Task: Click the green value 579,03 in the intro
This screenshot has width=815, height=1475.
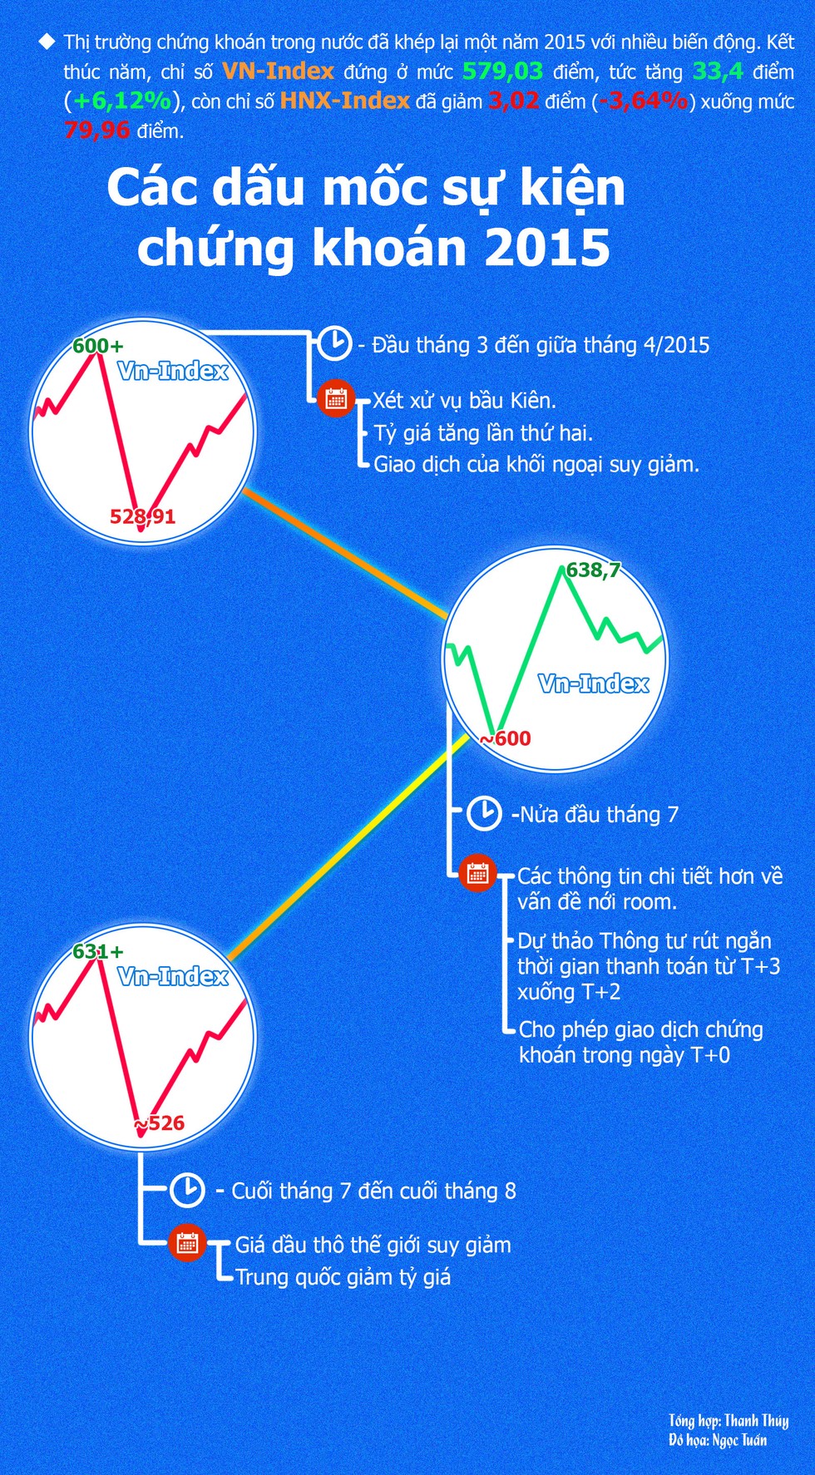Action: click(x=502, y=72)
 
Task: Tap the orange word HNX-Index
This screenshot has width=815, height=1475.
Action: click(x=345, y=101)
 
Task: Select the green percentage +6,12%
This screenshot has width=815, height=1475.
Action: click(x=122, y=101)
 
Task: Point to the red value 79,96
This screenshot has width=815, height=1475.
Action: click(x=97, y=130)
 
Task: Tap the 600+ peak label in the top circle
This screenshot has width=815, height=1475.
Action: click(x=97, y=345)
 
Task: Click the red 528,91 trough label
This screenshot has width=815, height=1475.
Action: click(x=143, y=516)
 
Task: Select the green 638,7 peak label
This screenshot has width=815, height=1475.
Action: click(x=594, y=570)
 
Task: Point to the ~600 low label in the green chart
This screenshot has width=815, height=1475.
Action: click(x=505, y=738)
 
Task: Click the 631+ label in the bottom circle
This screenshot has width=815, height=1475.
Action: click(x=97, y=951)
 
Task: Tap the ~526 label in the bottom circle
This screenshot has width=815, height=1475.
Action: click(x=159, y=1123)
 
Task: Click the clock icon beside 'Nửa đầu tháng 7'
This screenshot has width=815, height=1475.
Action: click(x=483, y=813)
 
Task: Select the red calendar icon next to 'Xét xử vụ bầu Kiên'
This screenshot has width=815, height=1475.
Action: click(x=336, y=399)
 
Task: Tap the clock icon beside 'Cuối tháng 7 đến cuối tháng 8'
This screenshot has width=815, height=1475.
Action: click(x=187, y=1190)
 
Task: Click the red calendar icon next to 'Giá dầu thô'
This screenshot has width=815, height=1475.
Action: click(x=187, y=1243)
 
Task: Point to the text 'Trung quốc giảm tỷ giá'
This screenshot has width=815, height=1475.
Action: click(x=343, y=1276)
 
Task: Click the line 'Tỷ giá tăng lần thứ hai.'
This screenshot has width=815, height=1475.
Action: click(x=483, y=432)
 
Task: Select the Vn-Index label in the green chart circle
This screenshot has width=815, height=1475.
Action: click(x=594, y=683)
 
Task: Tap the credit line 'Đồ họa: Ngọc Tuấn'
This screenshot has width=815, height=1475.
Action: click(x=718, y=1440)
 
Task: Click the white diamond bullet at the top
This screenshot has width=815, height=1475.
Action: click(x=47, y=42)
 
